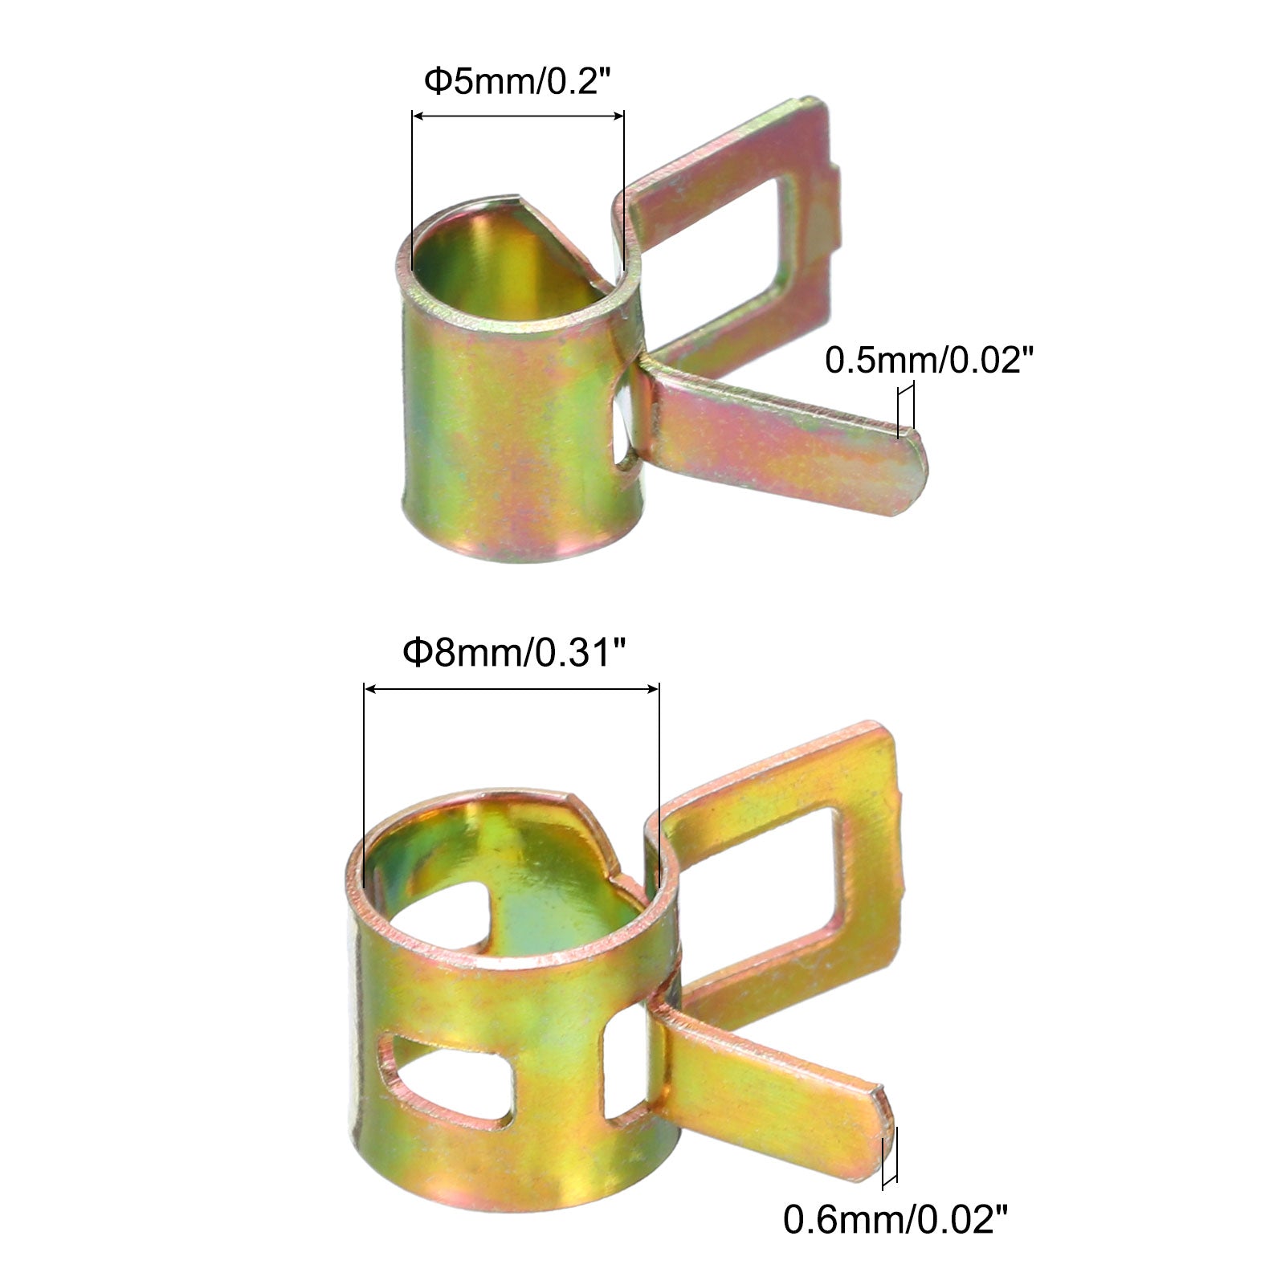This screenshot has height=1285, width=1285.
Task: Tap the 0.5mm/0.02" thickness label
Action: point(927,361)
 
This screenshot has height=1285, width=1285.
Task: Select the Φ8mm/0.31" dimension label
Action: point(514,653)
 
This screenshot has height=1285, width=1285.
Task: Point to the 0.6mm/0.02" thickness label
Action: point(895,1221)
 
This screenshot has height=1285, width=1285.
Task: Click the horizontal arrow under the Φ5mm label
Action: point(518,116)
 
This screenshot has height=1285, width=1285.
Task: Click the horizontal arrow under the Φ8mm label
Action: point(512,688)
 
